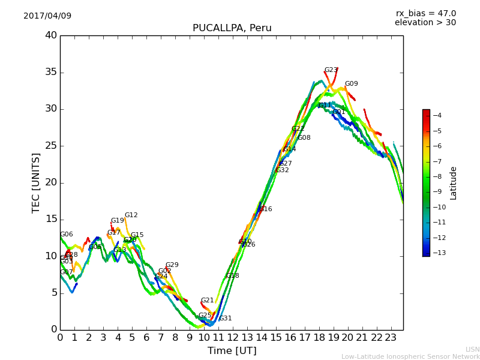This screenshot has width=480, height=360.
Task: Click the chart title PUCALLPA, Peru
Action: [232, 28]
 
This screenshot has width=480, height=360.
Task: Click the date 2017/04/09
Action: [47, 16]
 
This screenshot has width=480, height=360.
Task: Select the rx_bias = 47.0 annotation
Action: [425, 13]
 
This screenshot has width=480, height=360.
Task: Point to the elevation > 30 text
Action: [425, 23]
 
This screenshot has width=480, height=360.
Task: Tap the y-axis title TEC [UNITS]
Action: [36, 182]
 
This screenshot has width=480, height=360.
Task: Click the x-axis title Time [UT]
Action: [232, 351]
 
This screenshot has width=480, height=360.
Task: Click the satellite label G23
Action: [331, 70]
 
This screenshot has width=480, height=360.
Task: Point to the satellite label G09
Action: [351, 84]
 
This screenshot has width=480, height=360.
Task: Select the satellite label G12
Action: [131, 215]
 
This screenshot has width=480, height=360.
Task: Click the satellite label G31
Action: [225, 319]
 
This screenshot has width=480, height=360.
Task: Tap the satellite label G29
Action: [172, 265]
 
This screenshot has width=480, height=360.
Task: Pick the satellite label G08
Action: [304, 138]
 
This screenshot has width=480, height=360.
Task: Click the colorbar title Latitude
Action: [454, 183]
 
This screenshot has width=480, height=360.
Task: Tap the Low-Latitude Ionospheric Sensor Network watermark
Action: [410, 356]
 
